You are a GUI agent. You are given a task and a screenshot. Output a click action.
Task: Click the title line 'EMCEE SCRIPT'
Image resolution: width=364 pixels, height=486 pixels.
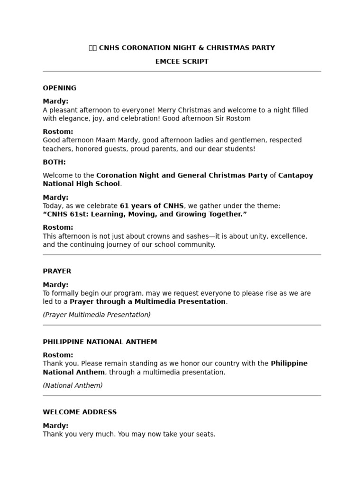[x=182, y=62]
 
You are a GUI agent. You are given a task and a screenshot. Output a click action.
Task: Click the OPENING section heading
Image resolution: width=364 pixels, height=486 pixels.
[x=59, y=88]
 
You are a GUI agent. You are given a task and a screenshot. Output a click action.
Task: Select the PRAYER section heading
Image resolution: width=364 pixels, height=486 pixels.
[x=57, y=271]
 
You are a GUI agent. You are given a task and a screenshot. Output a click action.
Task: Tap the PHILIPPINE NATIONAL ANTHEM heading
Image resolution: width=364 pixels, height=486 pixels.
[x=100, y=342]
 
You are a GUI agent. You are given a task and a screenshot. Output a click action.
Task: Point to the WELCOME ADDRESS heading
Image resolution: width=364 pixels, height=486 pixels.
[x=80, y=412]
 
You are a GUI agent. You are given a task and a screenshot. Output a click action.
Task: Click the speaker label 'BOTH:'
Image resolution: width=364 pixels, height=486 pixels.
[x=54, y=162]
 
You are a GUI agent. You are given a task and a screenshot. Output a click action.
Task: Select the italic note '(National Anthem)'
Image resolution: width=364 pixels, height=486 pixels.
[x=73, y=386]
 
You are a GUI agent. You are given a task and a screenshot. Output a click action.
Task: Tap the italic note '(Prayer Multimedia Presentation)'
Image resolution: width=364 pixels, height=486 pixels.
[x=97, y=315]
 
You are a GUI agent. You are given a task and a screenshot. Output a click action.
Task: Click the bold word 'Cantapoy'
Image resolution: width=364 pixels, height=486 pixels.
[x=296, y=176]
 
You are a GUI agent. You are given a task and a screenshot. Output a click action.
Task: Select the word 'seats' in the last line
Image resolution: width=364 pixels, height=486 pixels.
[x=205, y=434]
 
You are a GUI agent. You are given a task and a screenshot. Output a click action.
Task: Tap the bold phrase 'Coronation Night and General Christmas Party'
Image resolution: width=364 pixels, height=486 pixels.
[x=182, y=176]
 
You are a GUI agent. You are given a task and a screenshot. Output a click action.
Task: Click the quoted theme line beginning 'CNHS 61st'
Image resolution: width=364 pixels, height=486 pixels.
[x=145, y=215]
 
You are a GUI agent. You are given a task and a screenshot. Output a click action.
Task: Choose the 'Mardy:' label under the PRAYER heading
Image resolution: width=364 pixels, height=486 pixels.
[x=55, y=285]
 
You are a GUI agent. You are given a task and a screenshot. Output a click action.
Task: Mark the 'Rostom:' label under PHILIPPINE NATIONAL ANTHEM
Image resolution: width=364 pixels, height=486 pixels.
[x=58, y=355]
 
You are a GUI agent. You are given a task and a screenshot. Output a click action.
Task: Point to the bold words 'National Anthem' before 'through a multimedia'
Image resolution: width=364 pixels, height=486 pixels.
[x=74, y=373]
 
